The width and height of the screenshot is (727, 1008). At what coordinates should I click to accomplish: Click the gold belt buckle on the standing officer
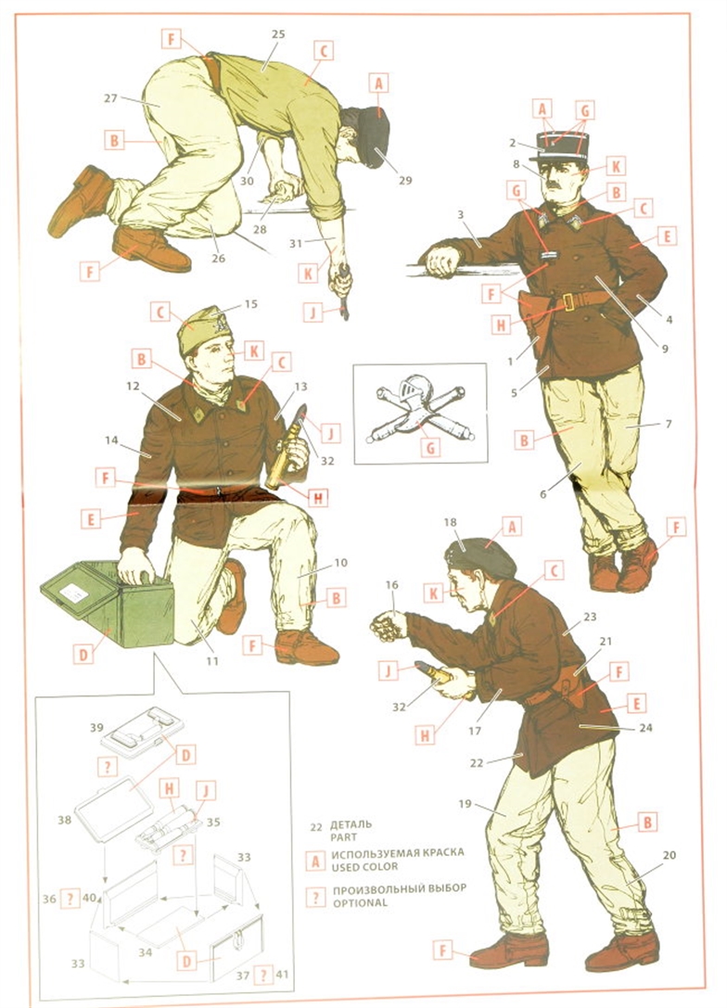pyautogui.click(x=568, y=302)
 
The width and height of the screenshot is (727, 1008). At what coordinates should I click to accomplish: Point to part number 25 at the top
pyautogui.click(x=278, y=34)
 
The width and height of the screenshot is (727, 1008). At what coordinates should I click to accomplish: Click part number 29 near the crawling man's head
pyautogui.click(x=404, y=181)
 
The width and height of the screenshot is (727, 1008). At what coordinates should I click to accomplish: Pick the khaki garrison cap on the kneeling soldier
pyautogui.click(x=204, y=329)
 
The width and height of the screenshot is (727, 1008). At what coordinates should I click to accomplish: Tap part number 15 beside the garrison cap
pyautogui.click(x=250, y=303)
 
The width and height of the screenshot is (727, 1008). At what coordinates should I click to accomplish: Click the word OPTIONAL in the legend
pyautogui.click(x=360, y=902)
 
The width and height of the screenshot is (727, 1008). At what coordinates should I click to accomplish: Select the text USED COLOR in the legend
pyautogui.click(x=364, y=866)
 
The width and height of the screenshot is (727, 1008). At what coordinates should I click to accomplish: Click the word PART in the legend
pyautogui.click(x=344, y=837)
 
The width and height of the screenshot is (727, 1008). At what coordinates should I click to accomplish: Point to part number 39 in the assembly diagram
pyautogui.click(x=96, y=727)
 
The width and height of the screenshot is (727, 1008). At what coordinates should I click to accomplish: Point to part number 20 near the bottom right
pyautogui.click(x=670, y=855)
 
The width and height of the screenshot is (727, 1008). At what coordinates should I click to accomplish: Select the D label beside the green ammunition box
pyautogui.click(x=83, y=656)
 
